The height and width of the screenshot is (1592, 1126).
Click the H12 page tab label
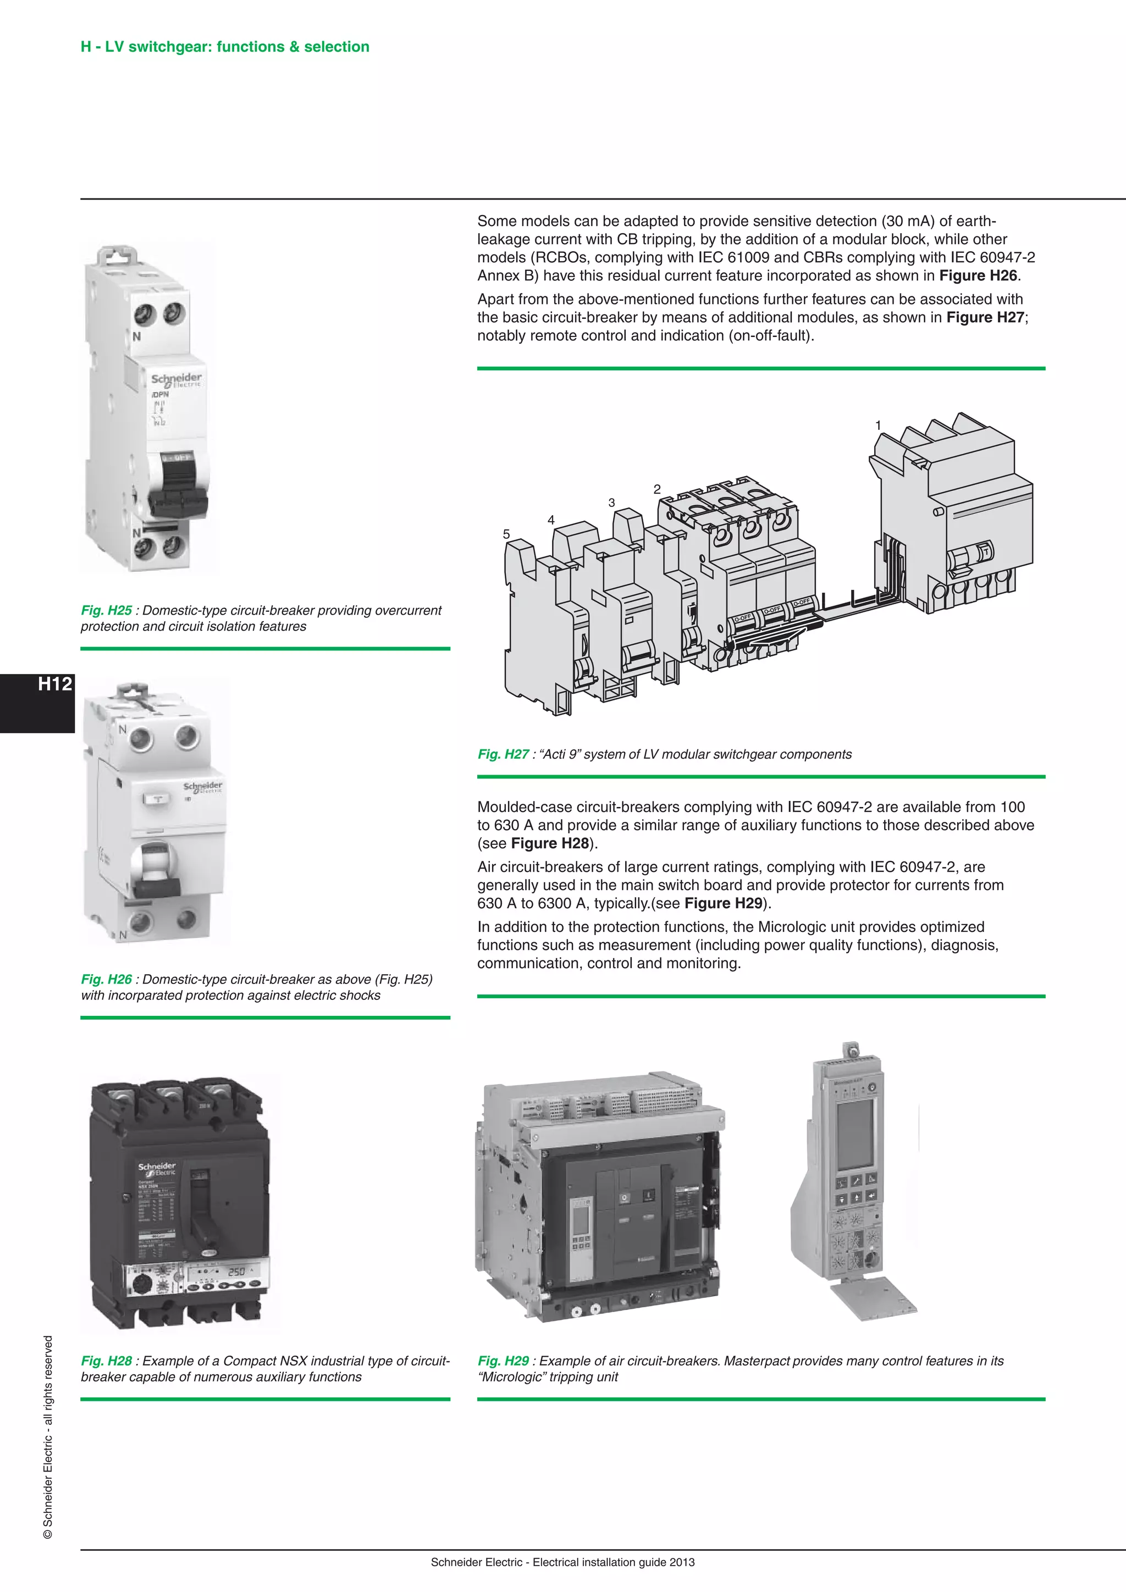(x=55, y=684)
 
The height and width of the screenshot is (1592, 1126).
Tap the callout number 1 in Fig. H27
(x=878, y=425)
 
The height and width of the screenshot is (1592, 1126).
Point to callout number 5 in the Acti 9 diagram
(x=506, y=534)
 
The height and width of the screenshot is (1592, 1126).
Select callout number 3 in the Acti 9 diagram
(x=611, y=502)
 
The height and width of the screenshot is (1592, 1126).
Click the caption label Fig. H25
(x=106, y=610)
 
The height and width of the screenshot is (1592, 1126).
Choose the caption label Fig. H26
(x=106, y=979)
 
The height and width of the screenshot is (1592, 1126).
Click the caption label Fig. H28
(x=106, y=1361)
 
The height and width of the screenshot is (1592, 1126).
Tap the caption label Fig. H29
(x=504, y=1361)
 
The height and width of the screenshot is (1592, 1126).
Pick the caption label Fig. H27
(x=504, y=754)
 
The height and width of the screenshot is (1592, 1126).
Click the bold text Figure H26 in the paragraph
(x=978, y=275)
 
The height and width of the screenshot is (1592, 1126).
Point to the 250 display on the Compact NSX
(x=236, y=1272)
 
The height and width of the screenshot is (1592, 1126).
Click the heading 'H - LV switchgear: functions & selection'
(x=225, y=47)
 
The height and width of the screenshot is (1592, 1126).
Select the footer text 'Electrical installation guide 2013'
(x=613, y=1562)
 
